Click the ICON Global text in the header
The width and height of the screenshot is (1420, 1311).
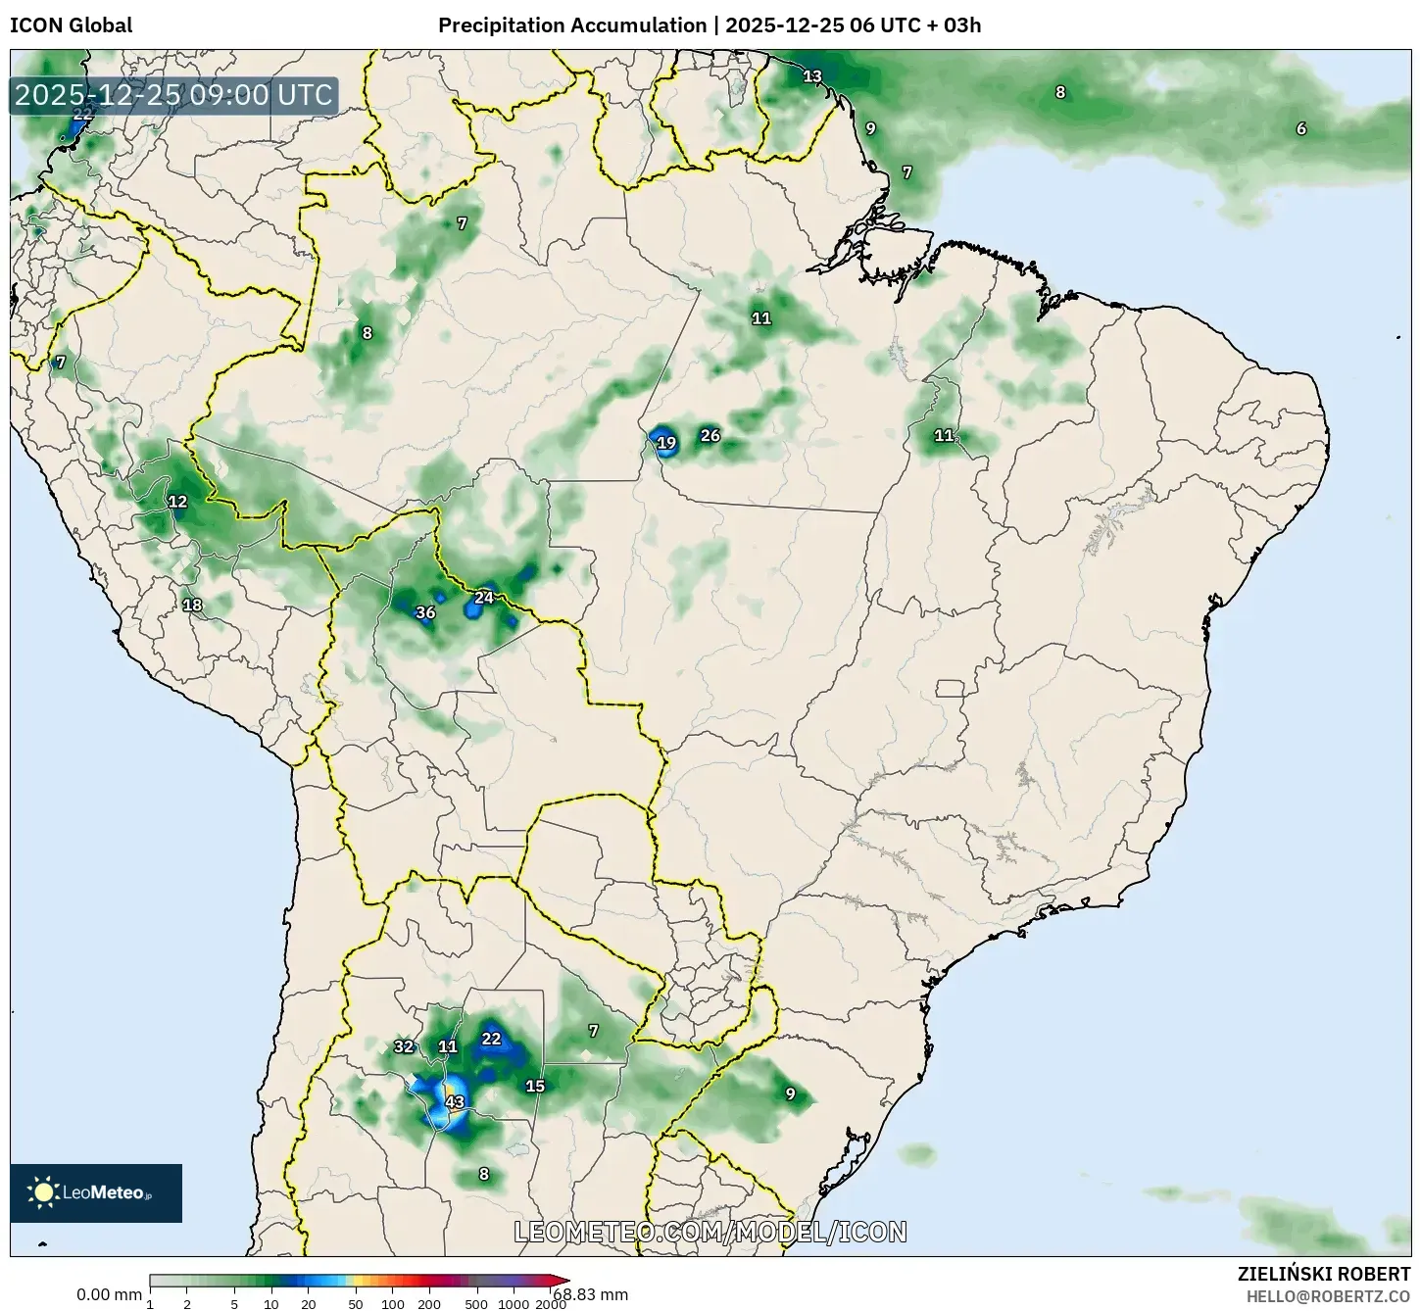71,25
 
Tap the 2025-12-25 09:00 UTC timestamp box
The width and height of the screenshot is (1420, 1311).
174,95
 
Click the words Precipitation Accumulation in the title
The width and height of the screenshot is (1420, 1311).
571,25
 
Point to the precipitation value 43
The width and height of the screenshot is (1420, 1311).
455,1102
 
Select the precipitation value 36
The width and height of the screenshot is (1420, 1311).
425,613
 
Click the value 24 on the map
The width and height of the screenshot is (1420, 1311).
484,598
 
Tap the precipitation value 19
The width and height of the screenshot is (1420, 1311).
666,443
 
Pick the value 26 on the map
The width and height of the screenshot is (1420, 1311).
710,436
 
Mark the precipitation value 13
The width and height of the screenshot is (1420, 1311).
812,76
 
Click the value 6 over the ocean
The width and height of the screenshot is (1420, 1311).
1301,129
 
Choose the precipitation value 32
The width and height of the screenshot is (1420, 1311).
404,1046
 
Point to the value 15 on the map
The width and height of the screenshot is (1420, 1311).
535,1086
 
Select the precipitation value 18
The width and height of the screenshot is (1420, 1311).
192,605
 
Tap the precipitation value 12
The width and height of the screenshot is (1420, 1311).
177,502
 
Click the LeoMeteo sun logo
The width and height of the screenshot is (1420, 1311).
43,1192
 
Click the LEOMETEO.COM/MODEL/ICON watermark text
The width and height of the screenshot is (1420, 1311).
710,1232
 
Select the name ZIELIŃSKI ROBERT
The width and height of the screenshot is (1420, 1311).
1323,1275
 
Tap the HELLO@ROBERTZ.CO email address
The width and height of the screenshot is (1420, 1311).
1328,1296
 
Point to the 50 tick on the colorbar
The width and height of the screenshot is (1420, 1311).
356,1303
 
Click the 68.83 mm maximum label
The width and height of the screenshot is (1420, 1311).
590,1294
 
